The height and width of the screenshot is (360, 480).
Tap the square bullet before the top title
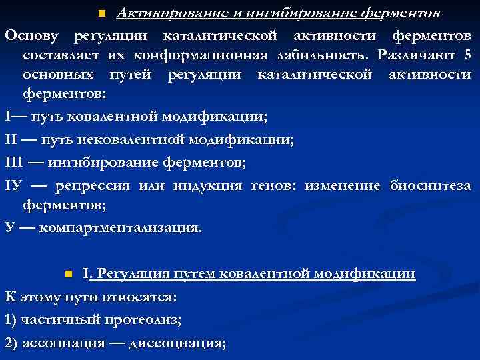[101, 13]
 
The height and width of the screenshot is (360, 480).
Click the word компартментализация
[119, 227]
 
